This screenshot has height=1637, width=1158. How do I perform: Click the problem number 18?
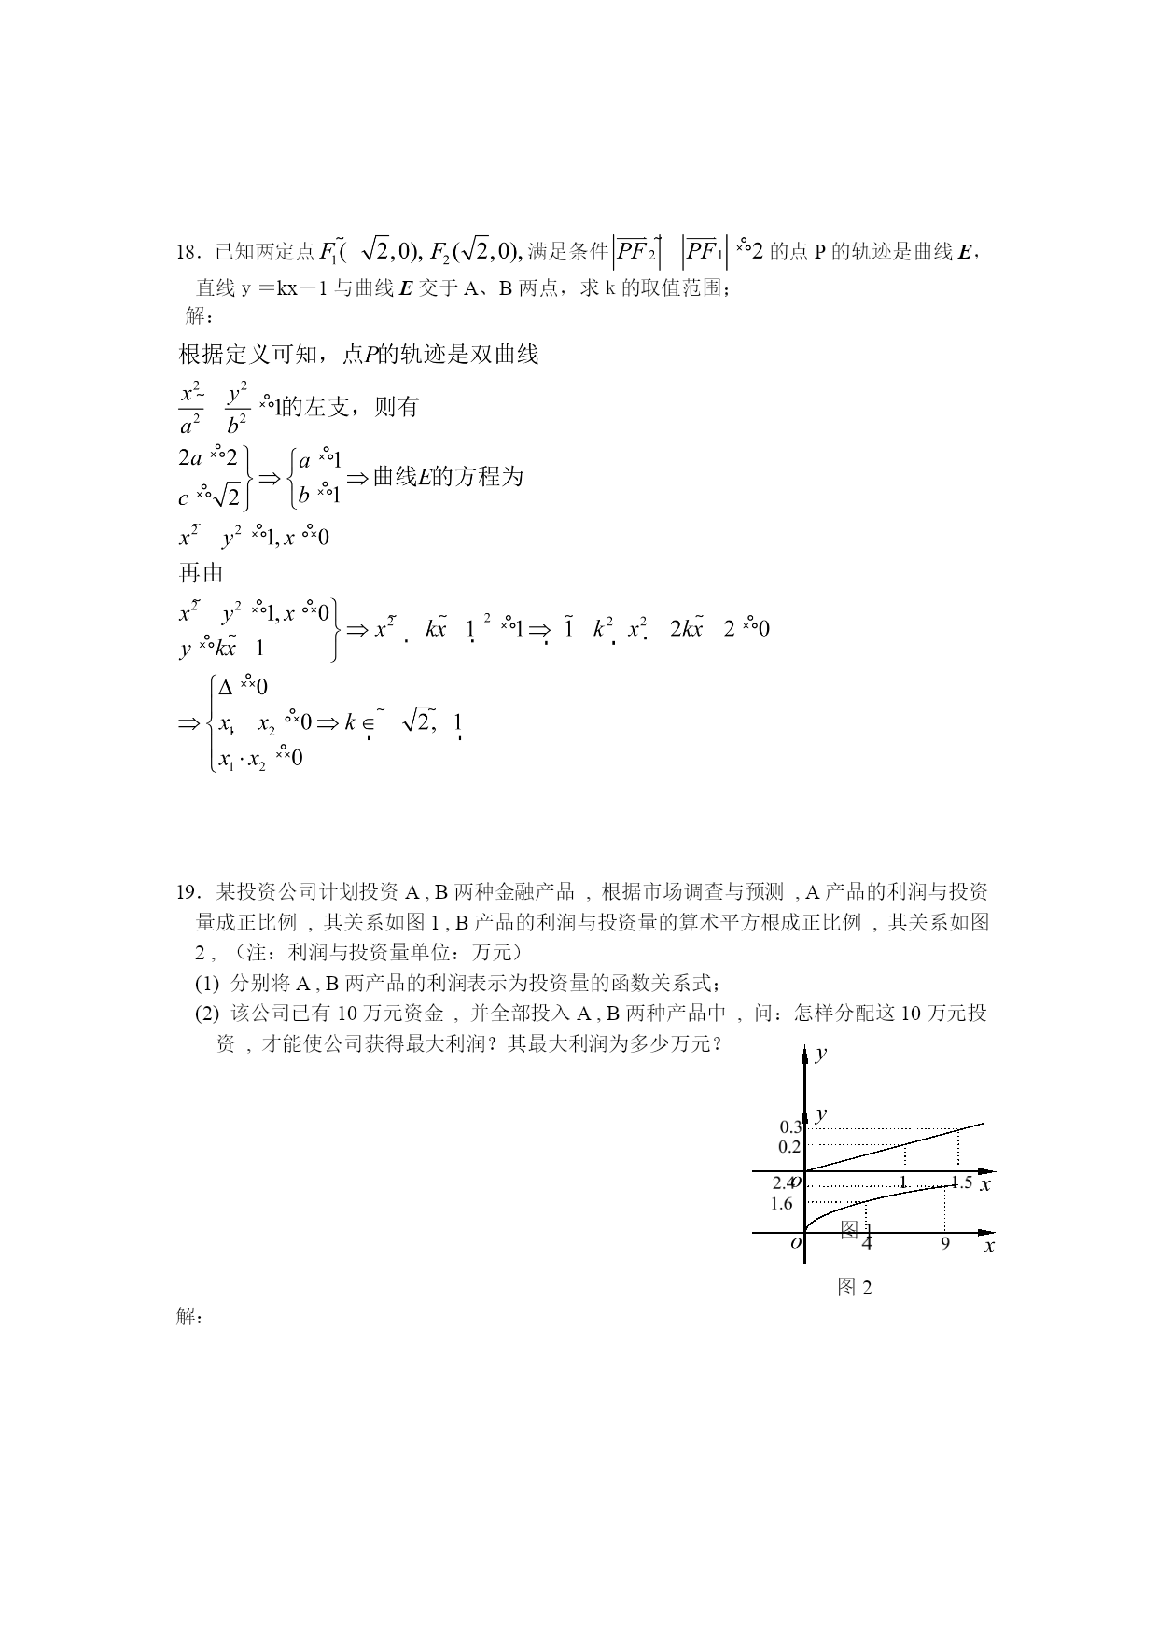click(x=186, y=252)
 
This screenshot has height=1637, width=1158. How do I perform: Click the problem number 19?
click(x=186, y=892)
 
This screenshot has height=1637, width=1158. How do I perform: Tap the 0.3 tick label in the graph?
click(x=790, y=1127)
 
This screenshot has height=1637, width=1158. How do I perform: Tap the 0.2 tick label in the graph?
click(x=790, y=1147)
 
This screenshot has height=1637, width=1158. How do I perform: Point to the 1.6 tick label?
click(x=782, y=1204)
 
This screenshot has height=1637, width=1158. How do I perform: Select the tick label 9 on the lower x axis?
click(x=945, y=1243)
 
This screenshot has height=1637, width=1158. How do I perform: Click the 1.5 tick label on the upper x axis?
click(x=961, y=1182)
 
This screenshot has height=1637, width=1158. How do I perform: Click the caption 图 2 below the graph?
click(x=855, y=1288)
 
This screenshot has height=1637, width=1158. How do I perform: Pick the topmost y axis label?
click(x=821, y=1054)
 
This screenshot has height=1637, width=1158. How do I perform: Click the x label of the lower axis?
click(x=989, y=1246)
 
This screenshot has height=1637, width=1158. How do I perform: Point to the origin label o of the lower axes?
click(x=796, y=1243)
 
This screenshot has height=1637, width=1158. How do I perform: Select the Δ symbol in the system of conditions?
click(x=226, y=687)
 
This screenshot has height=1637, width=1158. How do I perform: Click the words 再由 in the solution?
click(x=202, y=573)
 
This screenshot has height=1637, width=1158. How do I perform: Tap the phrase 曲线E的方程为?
click(x=448, y=477)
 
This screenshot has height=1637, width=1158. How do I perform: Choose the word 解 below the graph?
click(x=188, y=1316)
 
